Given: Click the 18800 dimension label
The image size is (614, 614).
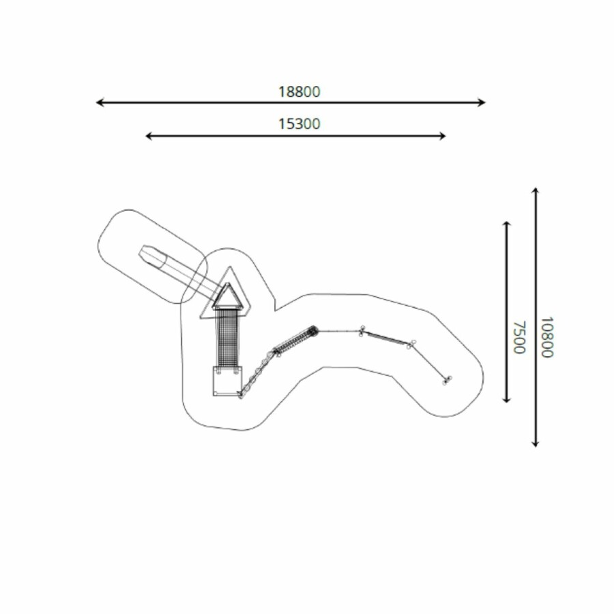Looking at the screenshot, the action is click(299, 91).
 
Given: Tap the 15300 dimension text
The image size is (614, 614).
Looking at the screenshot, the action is click(299, 123).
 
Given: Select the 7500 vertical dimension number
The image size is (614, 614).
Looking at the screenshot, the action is click(519, 337).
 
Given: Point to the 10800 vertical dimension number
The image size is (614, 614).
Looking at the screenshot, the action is click(546, 337).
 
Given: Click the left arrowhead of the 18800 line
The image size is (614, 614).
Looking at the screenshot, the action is click(100, 102).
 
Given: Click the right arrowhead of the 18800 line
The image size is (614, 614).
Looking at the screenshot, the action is click(482, 102).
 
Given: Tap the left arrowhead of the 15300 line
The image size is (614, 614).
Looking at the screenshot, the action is click(149, 136).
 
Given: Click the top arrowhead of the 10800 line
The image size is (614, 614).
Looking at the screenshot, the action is click(536, 192).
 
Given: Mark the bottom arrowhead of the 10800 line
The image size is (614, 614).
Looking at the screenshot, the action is click(536, 443).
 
